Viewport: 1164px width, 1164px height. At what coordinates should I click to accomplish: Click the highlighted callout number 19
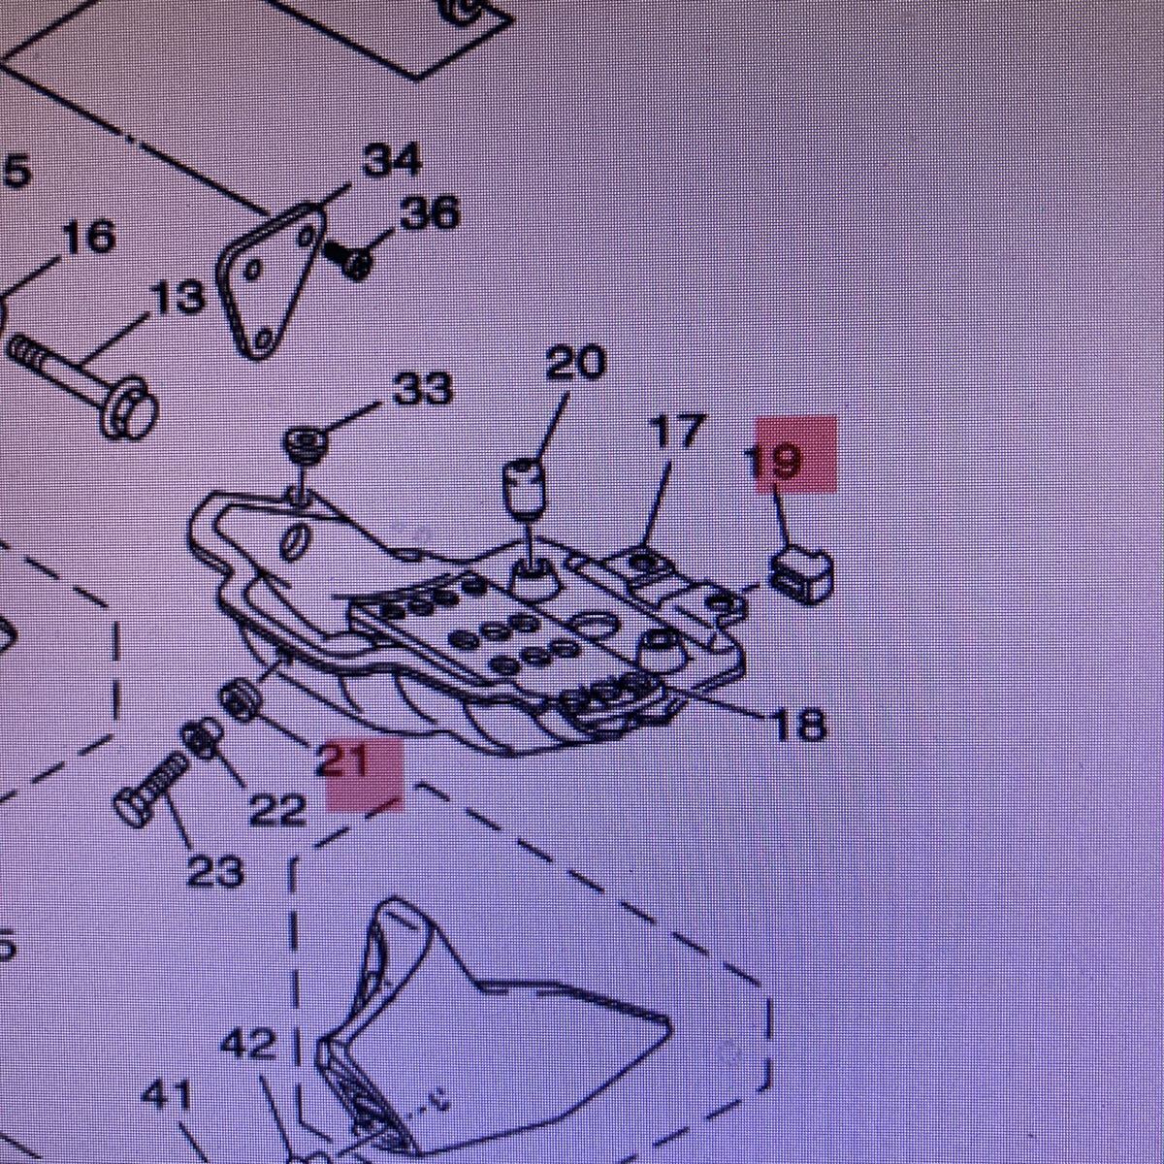(x=777, y=459)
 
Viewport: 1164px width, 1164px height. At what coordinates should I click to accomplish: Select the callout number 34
(x=393, y=161)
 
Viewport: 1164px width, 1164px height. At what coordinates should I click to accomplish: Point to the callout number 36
(x=429, y=212)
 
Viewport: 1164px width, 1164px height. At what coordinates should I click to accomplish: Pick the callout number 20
(x=575, y=362)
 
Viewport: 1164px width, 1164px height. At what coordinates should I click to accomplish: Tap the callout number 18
(x=797, y=723)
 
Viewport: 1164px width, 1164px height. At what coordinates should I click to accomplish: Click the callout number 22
(x=277, y=810)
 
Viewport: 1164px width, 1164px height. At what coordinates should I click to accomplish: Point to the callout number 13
(x=179, y=299)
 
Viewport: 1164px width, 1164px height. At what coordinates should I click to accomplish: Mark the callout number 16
(x=87, y=236)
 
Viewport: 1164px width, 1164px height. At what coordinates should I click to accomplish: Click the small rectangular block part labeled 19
(x=802, y=572)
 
